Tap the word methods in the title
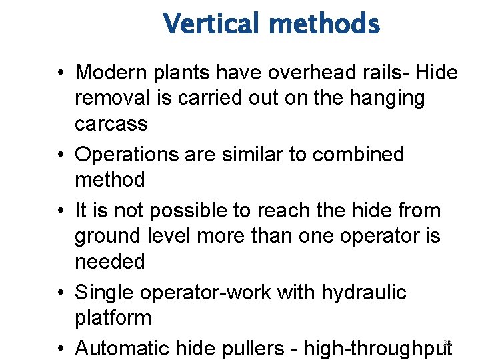click(x=325, y=25)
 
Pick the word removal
click(x=111, y=98)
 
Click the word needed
click(x=109, y=261)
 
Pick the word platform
click(x=113, y=318)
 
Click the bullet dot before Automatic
click(x=61, y=349)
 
